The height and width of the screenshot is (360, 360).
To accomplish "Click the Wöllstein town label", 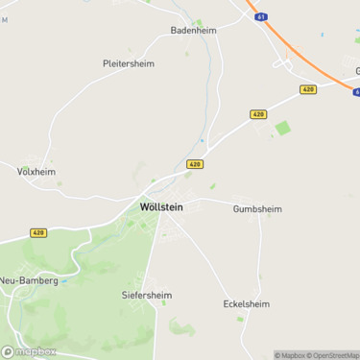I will point(160,205).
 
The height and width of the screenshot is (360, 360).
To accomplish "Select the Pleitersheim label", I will point(128,63).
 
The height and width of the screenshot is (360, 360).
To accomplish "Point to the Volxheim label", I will point(36,172).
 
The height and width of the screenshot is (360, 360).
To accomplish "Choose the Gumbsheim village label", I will point(257,207).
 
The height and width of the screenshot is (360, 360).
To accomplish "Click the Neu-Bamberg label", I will point(29,280).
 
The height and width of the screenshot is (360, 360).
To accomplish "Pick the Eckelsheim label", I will point(246,303).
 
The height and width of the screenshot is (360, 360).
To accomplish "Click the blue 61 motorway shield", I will point(262,17).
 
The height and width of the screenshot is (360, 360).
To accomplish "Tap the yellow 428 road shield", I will point(38,232).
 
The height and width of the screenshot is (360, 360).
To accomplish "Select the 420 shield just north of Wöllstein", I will point(195,164).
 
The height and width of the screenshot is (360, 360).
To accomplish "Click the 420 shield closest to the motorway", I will point(307,89).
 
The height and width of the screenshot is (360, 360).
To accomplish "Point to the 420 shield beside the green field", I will point(258,114).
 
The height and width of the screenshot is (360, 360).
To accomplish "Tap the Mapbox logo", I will point(29,350).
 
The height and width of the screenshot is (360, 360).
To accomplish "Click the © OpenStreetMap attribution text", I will point(332,355).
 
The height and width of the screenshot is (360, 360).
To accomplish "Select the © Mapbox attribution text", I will point(289,355).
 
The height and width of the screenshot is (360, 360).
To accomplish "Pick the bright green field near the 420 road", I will point(282,128).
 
